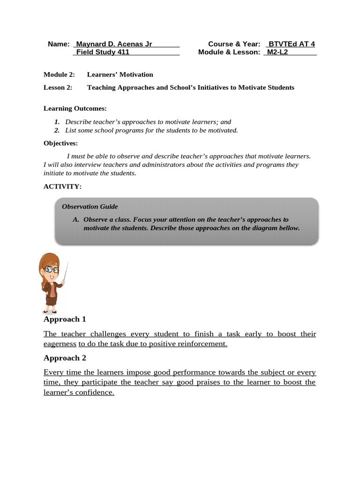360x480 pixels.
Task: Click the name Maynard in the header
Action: click(91, 44)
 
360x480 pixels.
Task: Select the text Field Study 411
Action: click(103, 52)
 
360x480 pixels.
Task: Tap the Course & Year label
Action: click(234, 44)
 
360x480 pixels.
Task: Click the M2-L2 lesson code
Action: click(277, 52)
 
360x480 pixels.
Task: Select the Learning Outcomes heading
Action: click(75, 108)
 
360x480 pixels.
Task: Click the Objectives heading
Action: click(61, 143)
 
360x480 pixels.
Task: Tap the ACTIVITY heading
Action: click(62, 187)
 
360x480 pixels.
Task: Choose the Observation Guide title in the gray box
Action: click(90, 206)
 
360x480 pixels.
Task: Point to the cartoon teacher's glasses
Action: click(51, 270)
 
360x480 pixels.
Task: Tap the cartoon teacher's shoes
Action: click(49, 311)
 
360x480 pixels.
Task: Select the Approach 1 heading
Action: click(65, 319)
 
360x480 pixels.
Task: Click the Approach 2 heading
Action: click(65, 358)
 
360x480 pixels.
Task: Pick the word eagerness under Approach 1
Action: click(60, 344)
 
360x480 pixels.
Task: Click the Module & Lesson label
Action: click(229, 52)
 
